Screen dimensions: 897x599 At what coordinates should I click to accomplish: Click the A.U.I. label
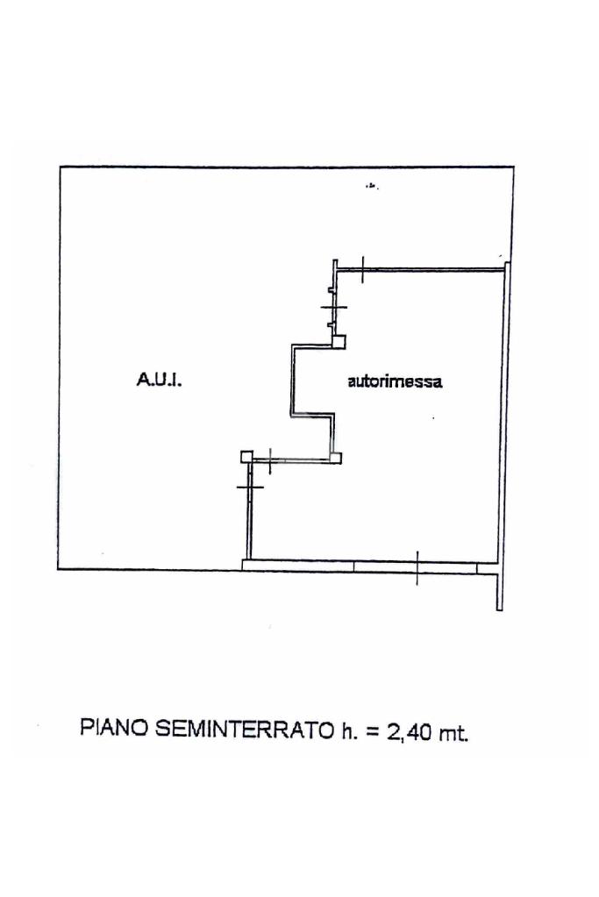click(159, 380)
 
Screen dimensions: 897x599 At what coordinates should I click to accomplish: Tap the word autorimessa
click(395, 381)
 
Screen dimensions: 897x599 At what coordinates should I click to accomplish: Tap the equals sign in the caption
click(373, 730)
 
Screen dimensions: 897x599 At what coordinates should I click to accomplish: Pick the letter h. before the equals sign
click(349, 729)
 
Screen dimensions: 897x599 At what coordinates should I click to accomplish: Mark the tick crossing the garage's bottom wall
click(417, 567)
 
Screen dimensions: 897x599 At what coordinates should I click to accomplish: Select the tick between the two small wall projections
click(334, 306)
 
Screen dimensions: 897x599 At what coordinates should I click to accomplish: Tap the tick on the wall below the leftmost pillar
click(251, 485)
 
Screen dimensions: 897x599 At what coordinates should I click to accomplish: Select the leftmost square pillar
click(246, 454)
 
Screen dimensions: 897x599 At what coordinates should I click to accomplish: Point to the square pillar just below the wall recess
click(335, 455)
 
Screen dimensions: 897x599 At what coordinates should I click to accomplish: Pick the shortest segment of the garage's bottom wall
click(488, 568)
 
